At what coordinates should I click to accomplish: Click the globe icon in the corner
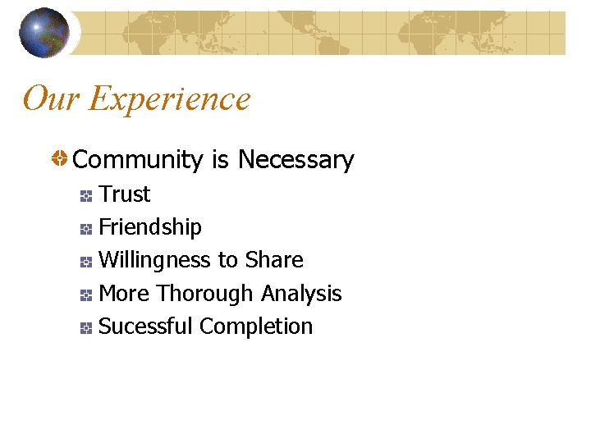point(44,33)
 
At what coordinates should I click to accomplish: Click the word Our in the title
point(51,99)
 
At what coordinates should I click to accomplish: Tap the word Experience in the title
point(169,99)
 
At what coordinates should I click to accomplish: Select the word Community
point(138,160)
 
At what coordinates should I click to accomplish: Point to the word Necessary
point(295,160)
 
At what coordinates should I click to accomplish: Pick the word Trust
point(125,194)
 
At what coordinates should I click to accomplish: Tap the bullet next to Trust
point(86,196)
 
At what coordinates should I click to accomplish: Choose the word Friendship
point(150,227)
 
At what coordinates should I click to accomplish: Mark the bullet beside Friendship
point(86,229)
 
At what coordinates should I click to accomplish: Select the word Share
point(274,260)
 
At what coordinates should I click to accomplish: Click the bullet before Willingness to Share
point(86,263)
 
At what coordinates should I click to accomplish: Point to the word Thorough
point(205,293)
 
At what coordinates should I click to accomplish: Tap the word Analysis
point(301,293)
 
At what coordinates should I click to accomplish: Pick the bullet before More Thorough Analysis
point(86,295)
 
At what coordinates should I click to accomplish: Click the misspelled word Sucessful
point(145,327)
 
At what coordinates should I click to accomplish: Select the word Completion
point(256,327)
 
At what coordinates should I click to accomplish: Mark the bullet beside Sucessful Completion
point(86,328)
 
